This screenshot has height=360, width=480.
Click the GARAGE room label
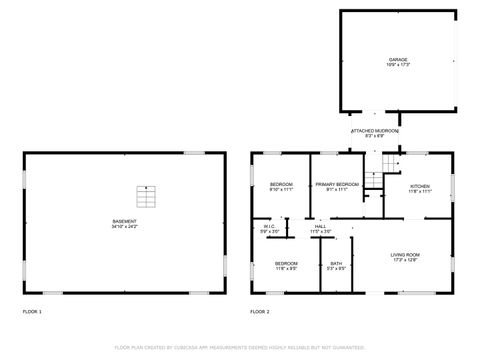(398, 60)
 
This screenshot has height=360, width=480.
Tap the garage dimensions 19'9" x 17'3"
(398, 66)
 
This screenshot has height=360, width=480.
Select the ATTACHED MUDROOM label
(375, 131)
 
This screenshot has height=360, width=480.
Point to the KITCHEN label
(420, 185)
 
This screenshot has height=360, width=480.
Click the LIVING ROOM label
(405, 255)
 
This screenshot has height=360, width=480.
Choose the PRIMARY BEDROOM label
(337, 185)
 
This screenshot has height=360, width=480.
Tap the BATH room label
(336, 263)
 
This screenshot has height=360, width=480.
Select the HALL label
(320, 227)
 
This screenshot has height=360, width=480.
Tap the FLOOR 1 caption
(33, 312)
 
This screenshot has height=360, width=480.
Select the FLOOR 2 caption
(260, 312)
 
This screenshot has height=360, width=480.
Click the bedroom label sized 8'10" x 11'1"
(281, 185)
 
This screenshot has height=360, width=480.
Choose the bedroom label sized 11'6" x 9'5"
(286, 263)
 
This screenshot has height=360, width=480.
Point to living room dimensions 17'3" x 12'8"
(405, 261)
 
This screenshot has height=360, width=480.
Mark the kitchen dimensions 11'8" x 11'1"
(420, 191)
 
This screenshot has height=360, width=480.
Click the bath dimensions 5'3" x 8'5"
(336, 269)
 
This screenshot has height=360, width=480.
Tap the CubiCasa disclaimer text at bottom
(240, 348)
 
